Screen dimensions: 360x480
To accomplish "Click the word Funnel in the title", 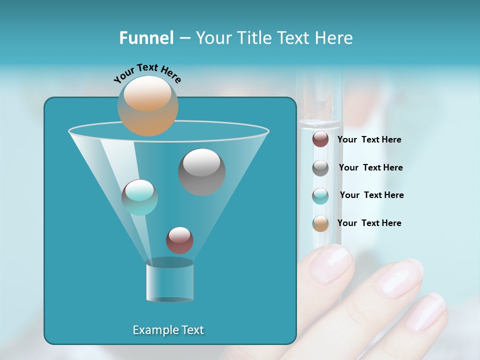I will (x=146, y=38).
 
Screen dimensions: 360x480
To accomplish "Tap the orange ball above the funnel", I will (x=148, y=106).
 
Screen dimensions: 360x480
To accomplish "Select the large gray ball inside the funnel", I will (x=202, y=172).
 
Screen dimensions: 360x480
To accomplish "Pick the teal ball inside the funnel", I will (x=139, y=197).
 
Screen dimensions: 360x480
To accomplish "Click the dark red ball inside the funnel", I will (x=179, y=240).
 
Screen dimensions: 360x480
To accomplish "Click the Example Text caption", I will (x=168, y=330).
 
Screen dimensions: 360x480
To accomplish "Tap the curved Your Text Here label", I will (x=147, y=72).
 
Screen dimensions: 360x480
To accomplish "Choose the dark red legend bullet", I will (x=320, y=139).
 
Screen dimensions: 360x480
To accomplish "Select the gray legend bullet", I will (x=320, y=168).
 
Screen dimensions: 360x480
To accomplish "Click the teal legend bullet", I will (x=320, y=196).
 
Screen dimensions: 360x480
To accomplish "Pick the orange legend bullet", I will (x=320, y=223).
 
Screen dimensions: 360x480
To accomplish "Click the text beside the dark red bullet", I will (x=369, y=139).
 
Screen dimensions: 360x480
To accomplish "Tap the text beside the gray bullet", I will (x=371, y=167).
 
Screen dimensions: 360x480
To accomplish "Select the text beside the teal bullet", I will (x=372, y=195).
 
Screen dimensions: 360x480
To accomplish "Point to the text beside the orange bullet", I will (x=369, y=223).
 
